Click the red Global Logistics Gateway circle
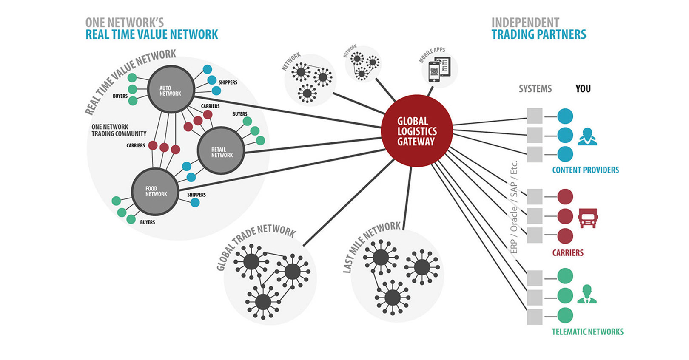pos(417,130)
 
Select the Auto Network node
pos(171,90)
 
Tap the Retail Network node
pos(221,151)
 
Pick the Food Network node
pos(155,191)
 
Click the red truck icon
pos(588,217)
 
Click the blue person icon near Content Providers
pos(587,136)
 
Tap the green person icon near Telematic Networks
pos(587,294)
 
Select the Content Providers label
pos(585,170)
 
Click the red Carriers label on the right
pos(568,253)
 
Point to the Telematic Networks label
pos(587,332)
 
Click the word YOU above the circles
pos(583,88)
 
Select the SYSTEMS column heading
pos(535,88)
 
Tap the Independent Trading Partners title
pos(538,28)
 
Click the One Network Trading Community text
pos(119,130)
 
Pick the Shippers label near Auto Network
pos(228,82)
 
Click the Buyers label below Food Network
pos(148,222)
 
